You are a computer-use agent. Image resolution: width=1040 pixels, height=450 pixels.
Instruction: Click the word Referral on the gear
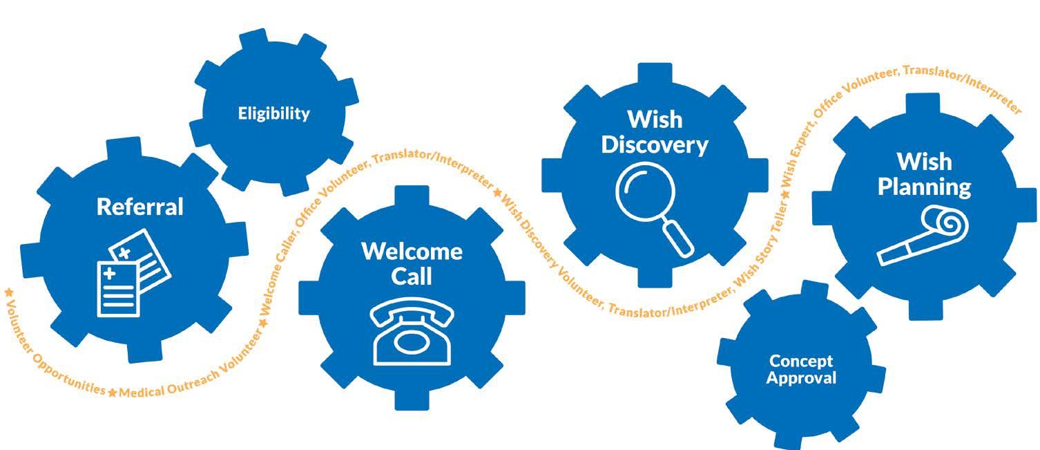click(140, 207)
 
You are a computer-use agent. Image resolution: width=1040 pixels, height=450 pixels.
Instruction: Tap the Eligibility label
click(274, 113)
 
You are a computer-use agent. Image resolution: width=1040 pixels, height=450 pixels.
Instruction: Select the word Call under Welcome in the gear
click(412, 276)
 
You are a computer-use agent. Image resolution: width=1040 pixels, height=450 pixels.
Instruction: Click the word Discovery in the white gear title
click(655, 145)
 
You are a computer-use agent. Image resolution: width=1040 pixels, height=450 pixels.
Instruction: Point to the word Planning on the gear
click(924, 187)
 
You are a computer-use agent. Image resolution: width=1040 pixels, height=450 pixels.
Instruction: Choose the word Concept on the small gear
click(801, 361)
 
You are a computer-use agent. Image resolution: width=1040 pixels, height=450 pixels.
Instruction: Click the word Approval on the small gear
click(801, 378)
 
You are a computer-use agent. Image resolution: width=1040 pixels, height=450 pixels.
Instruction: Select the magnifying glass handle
click(677, 236)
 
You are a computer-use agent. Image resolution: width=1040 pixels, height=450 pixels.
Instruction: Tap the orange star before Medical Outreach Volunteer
click(112, 393)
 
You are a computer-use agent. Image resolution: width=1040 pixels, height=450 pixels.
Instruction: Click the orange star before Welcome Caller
click(264, 323)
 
